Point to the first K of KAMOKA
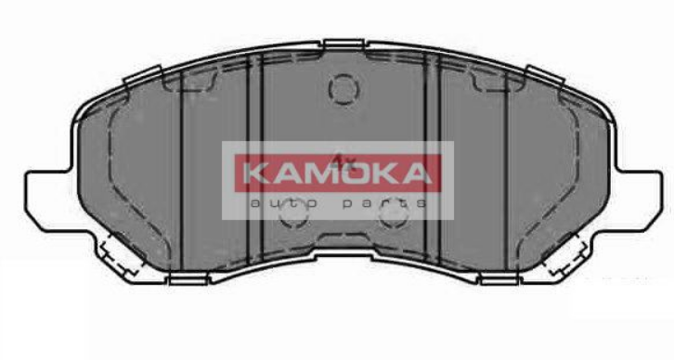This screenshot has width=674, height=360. (x=255, y=174)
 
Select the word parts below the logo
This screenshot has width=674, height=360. (x=383, y=203)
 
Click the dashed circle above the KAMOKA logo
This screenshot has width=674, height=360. (x=343, y=89)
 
